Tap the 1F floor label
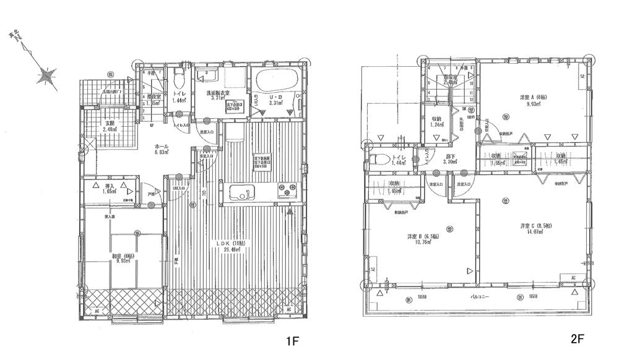[x=292, y=341]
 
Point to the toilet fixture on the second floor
[x=378, y=159]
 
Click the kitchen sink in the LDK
[x=242, y=192]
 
